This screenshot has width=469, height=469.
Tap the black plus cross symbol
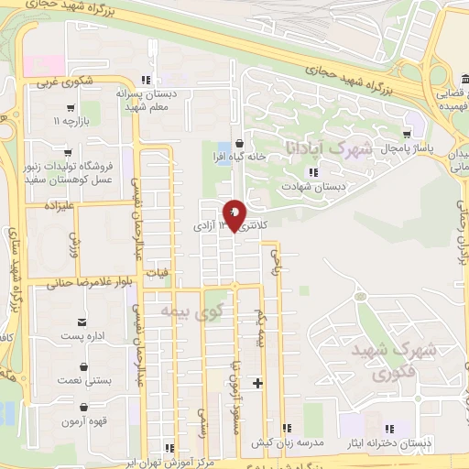(259, 383)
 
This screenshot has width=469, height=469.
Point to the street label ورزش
(76, 243)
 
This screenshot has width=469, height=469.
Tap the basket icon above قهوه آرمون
(83, 406)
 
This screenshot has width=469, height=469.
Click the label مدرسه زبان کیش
(301, 442)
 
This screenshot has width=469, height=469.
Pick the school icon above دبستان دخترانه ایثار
(388, 428)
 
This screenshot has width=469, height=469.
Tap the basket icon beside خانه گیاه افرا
(240, 143)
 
